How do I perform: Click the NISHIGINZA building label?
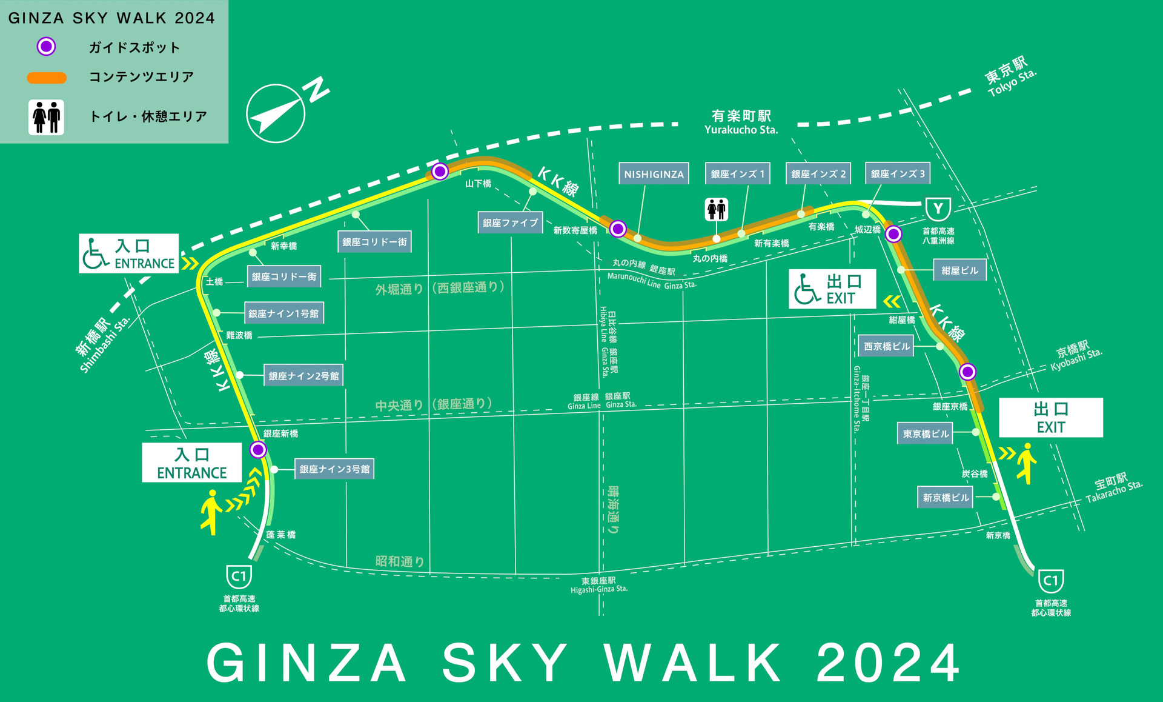[654, 174]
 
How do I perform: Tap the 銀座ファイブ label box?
[510, 222]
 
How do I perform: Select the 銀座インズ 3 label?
[898, 173]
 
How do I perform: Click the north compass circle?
[276, 113]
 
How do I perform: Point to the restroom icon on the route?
[717, 210]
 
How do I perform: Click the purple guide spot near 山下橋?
[440, 172]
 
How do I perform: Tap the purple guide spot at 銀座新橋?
[258, 450]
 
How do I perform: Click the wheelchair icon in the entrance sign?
[95, 253]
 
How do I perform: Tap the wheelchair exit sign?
[832, 289]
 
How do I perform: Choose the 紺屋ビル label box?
[959, 270]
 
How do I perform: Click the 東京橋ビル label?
[926, 433]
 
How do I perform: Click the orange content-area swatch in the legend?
[47, 78]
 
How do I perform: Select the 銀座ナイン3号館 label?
[334, 469]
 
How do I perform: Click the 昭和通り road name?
[400, 561]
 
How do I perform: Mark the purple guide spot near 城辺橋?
[893, 234]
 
